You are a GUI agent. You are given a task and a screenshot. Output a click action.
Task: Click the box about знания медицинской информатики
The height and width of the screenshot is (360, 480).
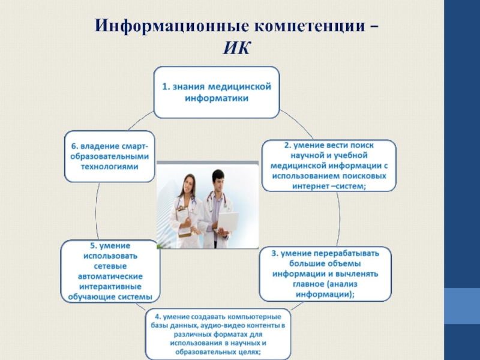point(216,92)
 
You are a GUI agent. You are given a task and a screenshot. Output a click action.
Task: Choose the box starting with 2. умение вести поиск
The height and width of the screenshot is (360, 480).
point(329,166)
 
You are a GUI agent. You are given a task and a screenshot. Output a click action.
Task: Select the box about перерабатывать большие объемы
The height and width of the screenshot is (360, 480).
point(325,274)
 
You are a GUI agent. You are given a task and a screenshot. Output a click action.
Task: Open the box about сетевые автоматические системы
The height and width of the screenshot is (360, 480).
point(110,271)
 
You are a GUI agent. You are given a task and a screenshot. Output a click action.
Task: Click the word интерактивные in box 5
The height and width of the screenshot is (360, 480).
point(110,286)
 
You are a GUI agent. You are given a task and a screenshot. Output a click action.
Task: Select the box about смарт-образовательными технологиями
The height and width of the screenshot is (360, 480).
point(109,155)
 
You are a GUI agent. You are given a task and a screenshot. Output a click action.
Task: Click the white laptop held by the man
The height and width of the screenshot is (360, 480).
point(227,223)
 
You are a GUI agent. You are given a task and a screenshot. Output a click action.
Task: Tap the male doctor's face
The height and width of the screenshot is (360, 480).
point(218,180)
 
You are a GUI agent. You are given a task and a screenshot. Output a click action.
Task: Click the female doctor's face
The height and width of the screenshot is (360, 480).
point(189,184)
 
